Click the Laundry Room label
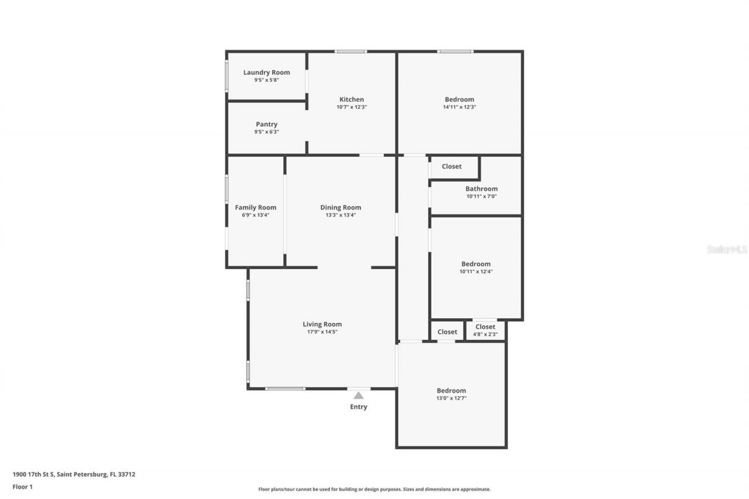pyautogui.click(x=266, y=73)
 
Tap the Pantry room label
pyautogui.click(x=266, y=124)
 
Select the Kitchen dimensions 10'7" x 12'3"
pyautogui.click(x=352, y=107)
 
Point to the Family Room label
pyautogui.click(x=256, y=207)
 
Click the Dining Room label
pyautogui.click(x=341, y=207)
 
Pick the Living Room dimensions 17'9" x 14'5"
pyautogui.click(x=322, y=332)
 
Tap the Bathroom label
pyautogui.click(x=482, y=188)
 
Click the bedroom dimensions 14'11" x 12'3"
pyautogui.click(x=459, y=107)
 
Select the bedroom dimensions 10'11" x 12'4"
pyautogui.click(x=476, y=271)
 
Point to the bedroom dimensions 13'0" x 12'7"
pyautogui.click(x=451, y=398)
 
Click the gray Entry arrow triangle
pyautogui.click(x=359, y=395)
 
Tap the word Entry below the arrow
pyautogui.click(x=359, y=407)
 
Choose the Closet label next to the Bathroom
pyautogui.click(x=452, y=166)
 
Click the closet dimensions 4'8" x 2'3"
pyautogui.click(x=485, y=335)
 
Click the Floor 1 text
pyautogui.click(x=23, y=486)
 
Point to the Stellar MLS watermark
pyautogui.click(x=727, y=249)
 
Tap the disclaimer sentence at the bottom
pyautogui.click(x=374, y=489)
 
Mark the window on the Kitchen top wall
pyautogui.click(x=351, y=51)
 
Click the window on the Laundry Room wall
pyautogui.click(x=226, y=76)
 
